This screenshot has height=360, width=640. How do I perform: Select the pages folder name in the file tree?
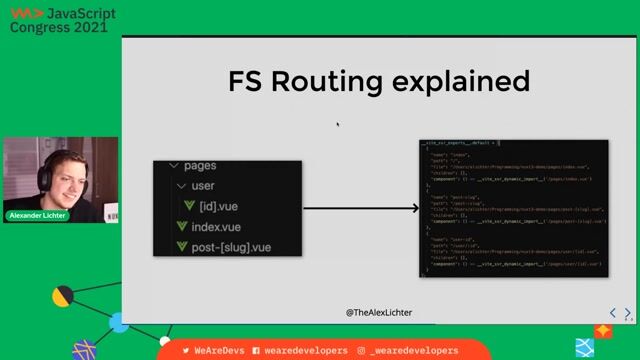(x=200, y=165)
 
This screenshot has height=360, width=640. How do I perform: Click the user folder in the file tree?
(x=203, y=186)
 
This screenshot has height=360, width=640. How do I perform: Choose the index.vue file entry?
(x=216, y=227)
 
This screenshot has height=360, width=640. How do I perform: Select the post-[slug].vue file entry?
(x=232, y=247)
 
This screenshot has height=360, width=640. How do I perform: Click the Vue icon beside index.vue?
(x=182, y=227)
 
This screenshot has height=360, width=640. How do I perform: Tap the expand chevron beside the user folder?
(x=180, y=186)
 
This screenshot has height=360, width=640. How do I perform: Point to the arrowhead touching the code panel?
(x=414, y=208)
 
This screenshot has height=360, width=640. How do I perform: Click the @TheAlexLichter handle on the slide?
(x=379, y=313)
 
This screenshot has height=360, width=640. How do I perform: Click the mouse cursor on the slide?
(x=338, y=125)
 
